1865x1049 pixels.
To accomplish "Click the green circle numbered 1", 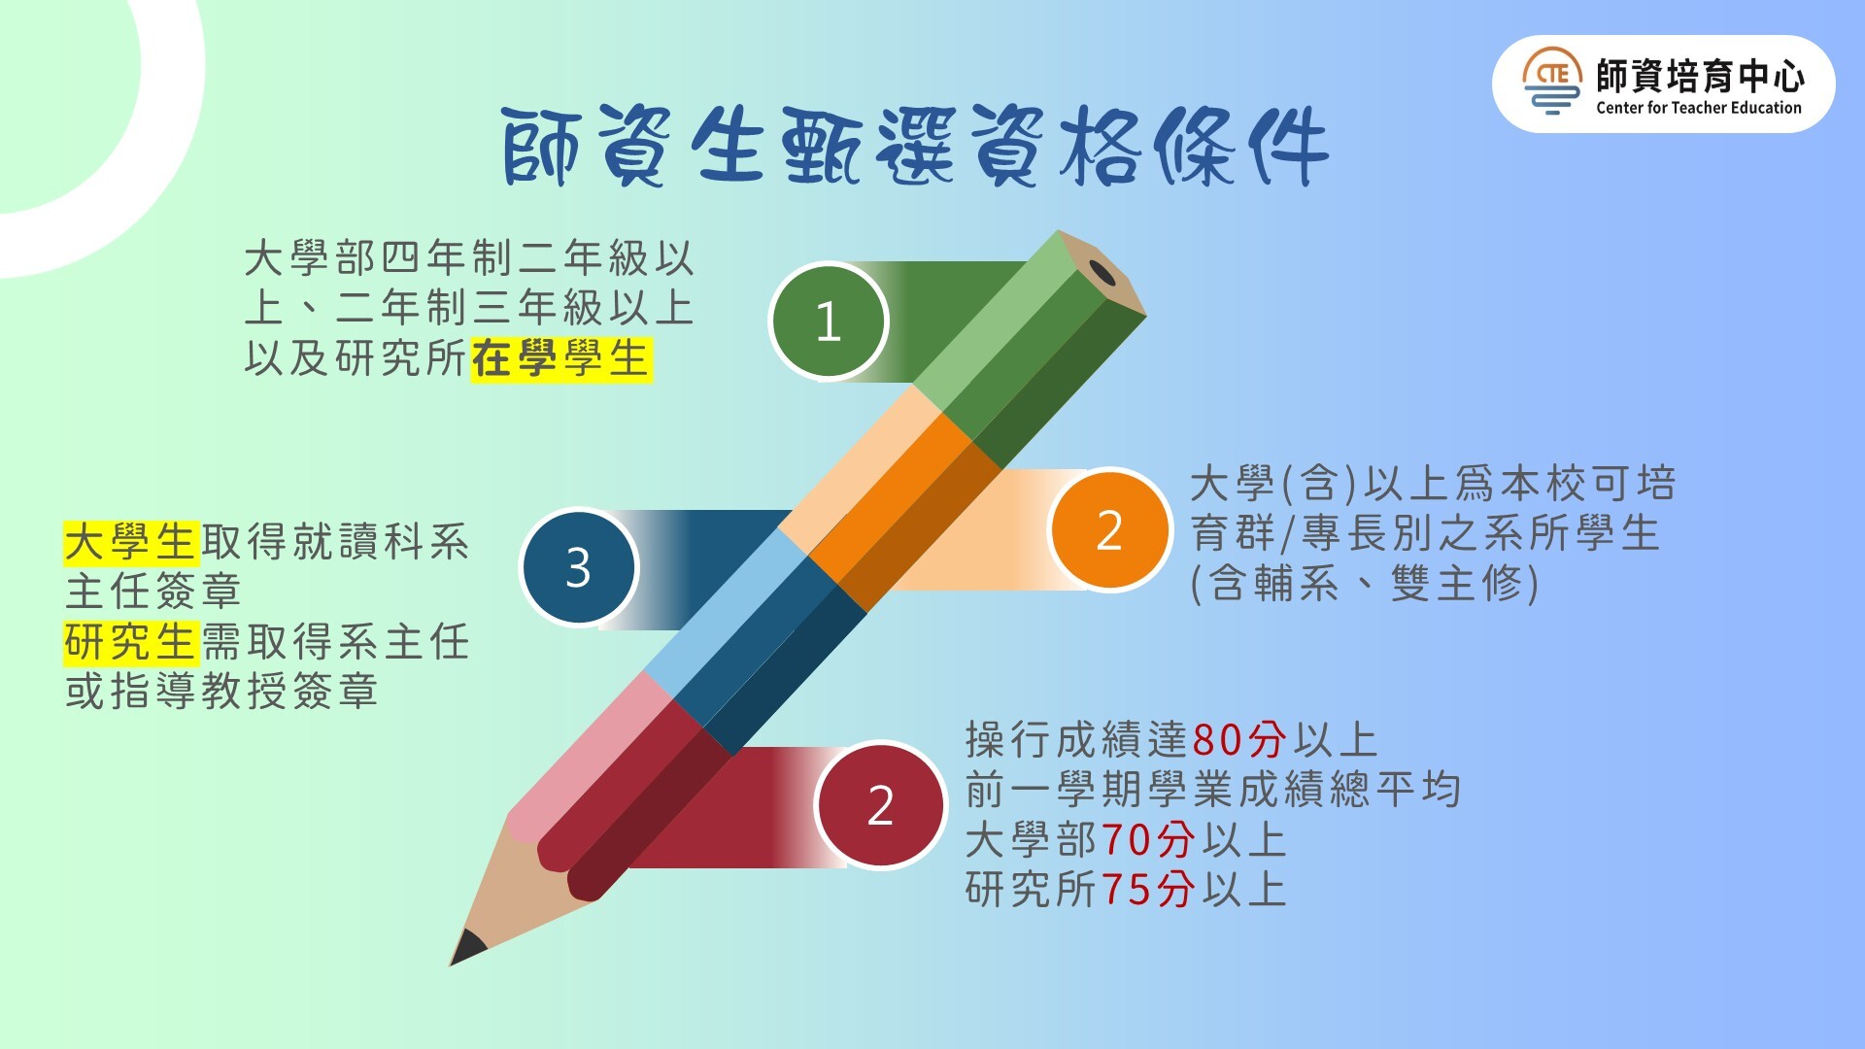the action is (x=829, y=321).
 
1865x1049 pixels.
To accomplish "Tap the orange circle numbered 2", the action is (x=1109, y=529).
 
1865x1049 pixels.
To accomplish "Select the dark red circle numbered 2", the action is (x=880, y=805).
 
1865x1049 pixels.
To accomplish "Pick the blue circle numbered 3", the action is (x=579, y=567).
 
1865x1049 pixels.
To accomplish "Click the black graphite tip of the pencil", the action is (x=466, y=947).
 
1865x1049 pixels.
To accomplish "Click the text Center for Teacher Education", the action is (x=1699, y=108).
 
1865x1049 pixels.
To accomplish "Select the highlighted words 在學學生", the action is (x=560, y=359).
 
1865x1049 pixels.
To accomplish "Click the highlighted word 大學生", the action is (x=131, y=542).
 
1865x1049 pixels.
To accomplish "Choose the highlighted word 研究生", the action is (x=131, y=642).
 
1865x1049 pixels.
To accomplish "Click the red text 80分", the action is (x=1239, y=740).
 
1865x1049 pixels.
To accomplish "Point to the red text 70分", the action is (x=1148, y=840).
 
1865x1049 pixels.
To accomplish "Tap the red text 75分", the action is (x=1148, y=890).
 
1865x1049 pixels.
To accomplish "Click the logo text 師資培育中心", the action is (x=1700, y=75).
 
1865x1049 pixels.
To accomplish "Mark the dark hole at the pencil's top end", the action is (x=1102, y=273).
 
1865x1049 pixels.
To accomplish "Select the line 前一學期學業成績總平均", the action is (x=1213, y=790).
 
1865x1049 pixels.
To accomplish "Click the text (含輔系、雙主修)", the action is (x=1366, y=584).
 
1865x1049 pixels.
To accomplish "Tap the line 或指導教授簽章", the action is (x=221, y=692).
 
